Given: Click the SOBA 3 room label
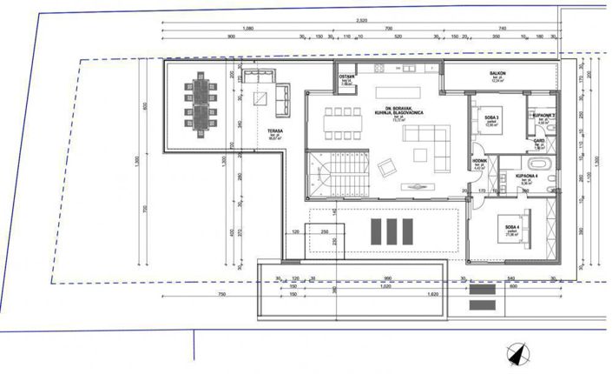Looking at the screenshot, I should pos(492,118).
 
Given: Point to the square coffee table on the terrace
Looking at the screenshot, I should pos(257,99).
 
